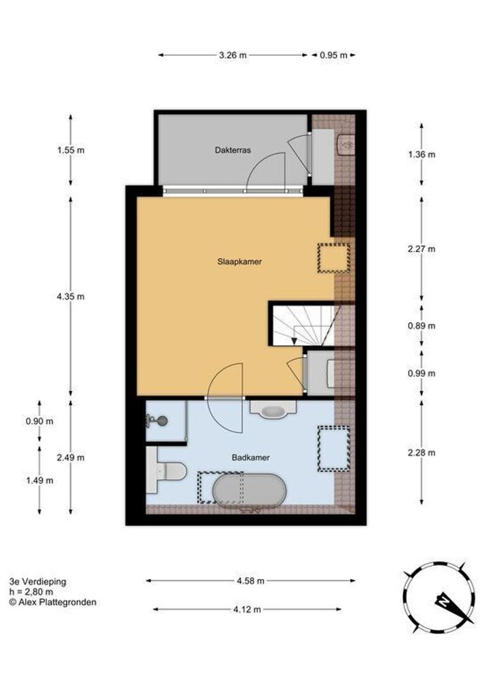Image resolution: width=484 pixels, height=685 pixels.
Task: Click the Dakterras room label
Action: point(232,150)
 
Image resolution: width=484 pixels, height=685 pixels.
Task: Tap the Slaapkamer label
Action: point(239,262)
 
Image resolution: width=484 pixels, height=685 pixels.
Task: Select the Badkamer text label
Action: point(250,458)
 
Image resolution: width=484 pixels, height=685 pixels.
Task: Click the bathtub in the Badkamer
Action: point(249,490)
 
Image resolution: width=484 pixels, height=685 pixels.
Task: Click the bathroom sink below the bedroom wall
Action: point(273,409)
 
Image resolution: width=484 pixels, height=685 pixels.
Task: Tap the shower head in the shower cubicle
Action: point(158,421)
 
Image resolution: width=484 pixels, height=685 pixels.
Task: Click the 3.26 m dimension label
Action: point(232,55)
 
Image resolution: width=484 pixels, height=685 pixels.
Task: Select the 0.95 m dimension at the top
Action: point(333,55)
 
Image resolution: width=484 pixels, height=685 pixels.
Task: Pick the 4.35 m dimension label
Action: point(71,297)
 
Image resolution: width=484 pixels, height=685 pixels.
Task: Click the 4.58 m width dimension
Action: point(250,581)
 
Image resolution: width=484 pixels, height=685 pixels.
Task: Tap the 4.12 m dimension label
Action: point(247,610)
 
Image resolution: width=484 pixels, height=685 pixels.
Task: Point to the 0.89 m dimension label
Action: point(421,326)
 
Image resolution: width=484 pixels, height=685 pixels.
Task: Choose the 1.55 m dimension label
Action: point(71,150)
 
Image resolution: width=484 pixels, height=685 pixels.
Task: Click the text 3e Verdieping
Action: point(38,582)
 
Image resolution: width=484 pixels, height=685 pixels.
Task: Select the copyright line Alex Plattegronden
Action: point(53,603)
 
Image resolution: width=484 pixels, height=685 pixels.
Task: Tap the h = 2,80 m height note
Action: point(32,592)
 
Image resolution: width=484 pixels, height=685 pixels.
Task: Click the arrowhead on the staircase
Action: point(295,342)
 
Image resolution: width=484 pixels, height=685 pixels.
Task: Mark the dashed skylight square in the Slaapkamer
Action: point(334,258)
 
